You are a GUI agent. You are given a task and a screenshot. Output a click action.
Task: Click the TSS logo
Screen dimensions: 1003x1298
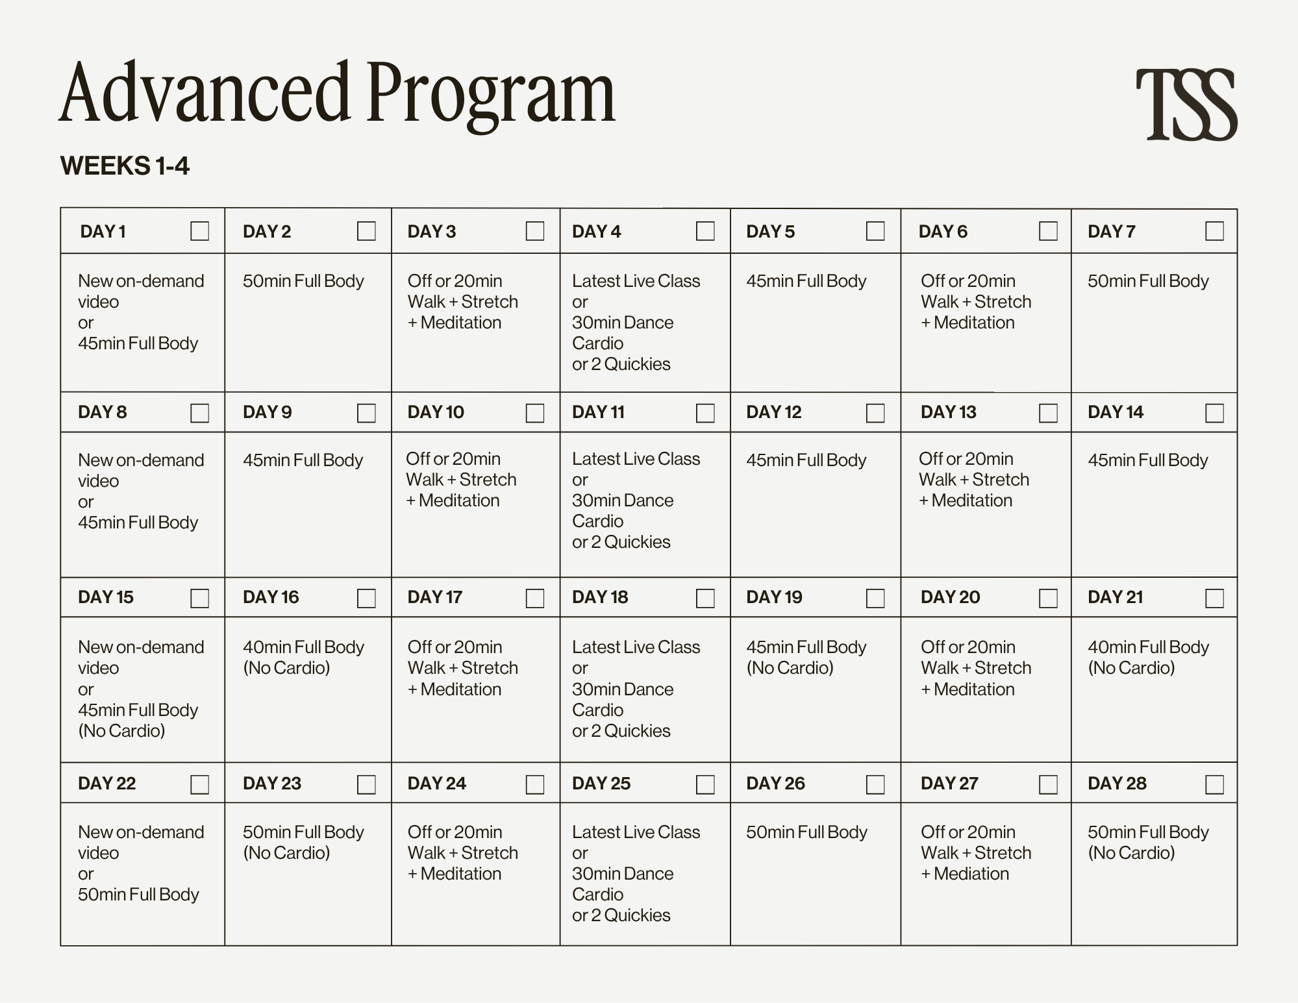[1186, 105]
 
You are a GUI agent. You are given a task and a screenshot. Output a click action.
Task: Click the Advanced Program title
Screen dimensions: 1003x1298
[337, 93]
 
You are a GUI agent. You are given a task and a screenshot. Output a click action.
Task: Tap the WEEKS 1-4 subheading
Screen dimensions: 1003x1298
[125, 166]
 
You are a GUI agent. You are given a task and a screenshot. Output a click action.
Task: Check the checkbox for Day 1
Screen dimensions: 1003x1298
[199, 231]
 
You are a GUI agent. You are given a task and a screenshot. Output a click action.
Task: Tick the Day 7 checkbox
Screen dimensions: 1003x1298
[1214, 231]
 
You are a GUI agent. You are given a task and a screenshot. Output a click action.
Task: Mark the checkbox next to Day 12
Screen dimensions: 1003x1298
[875, 413]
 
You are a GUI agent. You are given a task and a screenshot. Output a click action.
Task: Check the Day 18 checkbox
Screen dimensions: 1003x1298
[705, 598]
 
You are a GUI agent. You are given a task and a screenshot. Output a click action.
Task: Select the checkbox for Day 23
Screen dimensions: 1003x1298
[366, 784]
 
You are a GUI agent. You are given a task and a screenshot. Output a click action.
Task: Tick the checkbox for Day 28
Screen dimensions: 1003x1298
[1214, 784]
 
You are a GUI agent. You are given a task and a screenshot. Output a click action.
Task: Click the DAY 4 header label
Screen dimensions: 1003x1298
[596, 232]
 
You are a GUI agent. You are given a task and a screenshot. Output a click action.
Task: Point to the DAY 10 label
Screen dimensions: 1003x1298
[436, 412]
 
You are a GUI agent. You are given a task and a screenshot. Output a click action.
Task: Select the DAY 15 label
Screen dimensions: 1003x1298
[106, 597]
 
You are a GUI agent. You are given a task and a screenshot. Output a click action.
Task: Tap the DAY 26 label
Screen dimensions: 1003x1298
[775, 784]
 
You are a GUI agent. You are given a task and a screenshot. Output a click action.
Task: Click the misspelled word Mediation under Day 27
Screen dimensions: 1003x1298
[971, 874]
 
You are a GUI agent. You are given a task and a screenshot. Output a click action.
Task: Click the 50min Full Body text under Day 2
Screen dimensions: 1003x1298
[303, 281]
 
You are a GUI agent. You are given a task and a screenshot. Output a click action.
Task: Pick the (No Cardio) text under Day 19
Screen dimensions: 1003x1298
[790, 668]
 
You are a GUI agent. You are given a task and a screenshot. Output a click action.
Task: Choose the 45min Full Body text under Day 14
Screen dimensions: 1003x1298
[1147, 460]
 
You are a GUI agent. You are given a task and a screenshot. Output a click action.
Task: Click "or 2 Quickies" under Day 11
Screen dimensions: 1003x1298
[621, 542]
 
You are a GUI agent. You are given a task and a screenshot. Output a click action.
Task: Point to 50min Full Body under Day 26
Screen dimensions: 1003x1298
[806, 832]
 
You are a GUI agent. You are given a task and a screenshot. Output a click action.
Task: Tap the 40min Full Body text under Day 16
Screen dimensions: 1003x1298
[303, 647]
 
